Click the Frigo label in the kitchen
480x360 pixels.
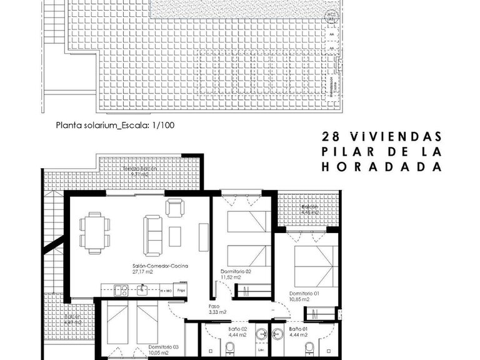click(x=181, y=291)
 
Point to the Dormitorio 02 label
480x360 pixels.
click(x=236, y=271)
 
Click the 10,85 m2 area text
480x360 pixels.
click(x=299, y=299)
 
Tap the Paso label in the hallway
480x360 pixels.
click(x=214, y=306)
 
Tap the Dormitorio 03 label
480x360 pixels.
click(x=164, y=346)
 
